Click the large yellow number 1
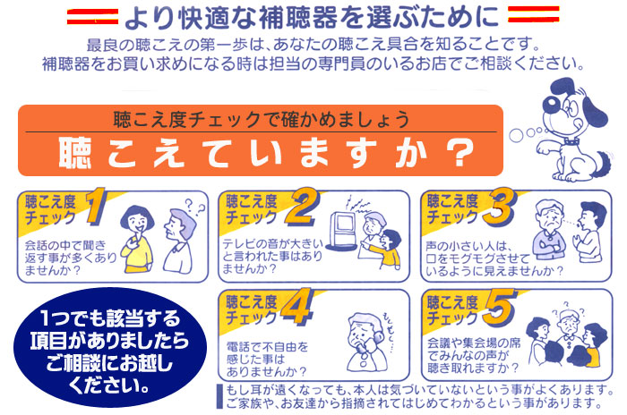96,206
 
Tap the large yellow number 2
303,207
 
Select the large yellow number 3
500,207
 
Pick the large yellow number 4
296,306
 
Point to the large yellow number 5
500,307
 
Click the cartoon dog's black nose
551,103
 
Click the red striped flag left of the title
92,16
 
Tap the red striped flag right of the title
534,14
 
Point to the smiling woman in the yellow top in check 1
138,240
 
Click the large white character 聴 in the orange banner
74,152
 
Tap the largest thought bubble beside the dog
516,135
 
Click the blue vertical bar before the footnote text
219,396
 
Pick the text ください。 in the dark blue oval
109,385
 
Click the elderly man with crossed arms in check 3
549,231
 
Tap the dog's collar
571,141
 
